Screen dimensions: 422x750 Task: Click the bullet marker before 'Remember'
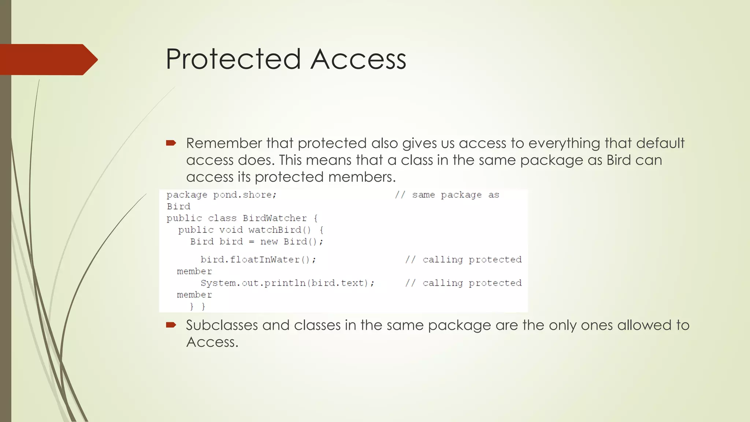(x=171, y=143)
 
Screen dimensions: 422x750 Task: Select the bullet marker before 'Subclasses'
(x=171, y=325)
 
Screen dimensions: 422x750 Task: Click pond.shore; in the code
(x=245, y=195)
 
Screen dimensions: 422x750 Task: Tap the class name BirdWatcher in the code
(x=275, y=218)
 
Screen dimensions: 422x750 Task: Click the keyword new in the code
(x=269, y=242)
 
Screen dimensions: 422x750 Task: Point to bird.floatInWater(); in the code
(x=258, y=260)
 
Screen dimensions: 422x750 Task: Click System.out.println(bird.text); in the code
(x=287, y=283)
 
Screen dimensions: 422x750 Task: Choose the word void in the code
(x=231, y=230)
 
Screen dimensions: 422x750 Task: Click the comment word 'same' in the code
(x=423, y=195)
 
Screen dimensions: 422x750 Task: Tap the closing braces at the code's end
(x=197, y=307)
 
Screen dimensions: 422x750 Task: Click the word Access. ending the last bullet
(x=212, y=342)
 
